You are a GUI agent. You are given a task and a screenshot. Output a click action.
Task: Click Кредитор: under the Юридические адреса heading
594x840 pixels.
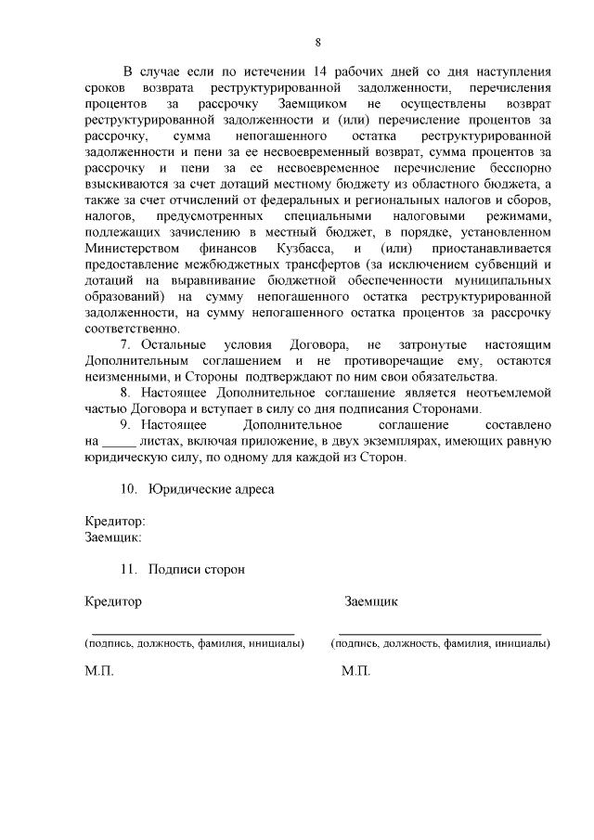pyautogui.click(x=115, y=522)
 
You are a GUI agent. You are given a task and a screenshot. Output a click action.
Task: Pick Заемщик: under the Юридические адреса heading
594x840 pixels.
pyautogui.click(x=113, y=536)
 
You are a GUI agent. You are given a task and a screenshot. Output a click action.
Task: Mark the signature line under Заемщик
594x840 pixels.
pyautogui.click(x=439, y=630)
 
